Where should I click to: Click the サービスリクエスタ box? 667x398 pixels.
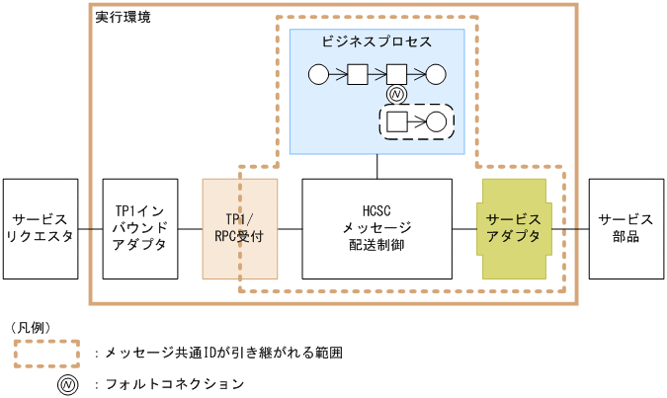(x=40, y=228)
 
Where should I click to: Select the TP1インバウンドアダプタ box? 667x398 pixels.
(x=140, y=228)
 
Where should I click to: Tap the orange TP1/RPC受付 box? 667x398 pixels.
(x=239, y=228)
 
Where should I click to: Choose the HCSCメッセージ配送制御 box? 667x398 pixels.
(x=376, y=228)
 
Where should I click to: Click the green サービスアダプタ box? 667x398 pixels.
(x=514, y=228)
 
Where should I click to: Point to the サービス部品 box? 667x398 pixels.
(x=625, y=228)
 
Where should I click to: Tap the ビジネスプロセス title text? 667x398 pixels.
(x=376, y=41)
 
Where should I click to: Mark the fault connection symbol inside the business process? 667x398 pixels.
(x=396, y=95)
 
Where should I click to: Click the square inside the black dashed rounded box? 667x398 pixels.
(x=396, y=121)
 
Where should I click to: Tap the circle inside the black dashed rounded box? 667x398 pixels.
(x=436, y=121)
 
